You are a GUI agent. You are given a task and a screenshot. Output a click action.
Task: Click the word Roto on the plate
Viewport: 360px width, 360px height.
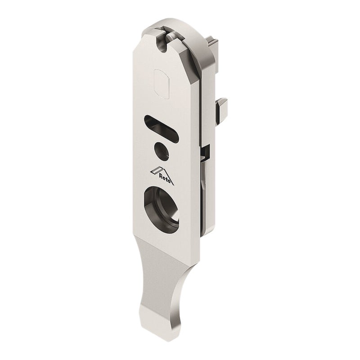pos(165,179)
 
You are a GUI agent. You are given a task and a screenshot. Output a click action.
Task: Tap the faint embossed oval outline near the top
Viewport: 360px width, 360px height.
pos(162,84)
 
